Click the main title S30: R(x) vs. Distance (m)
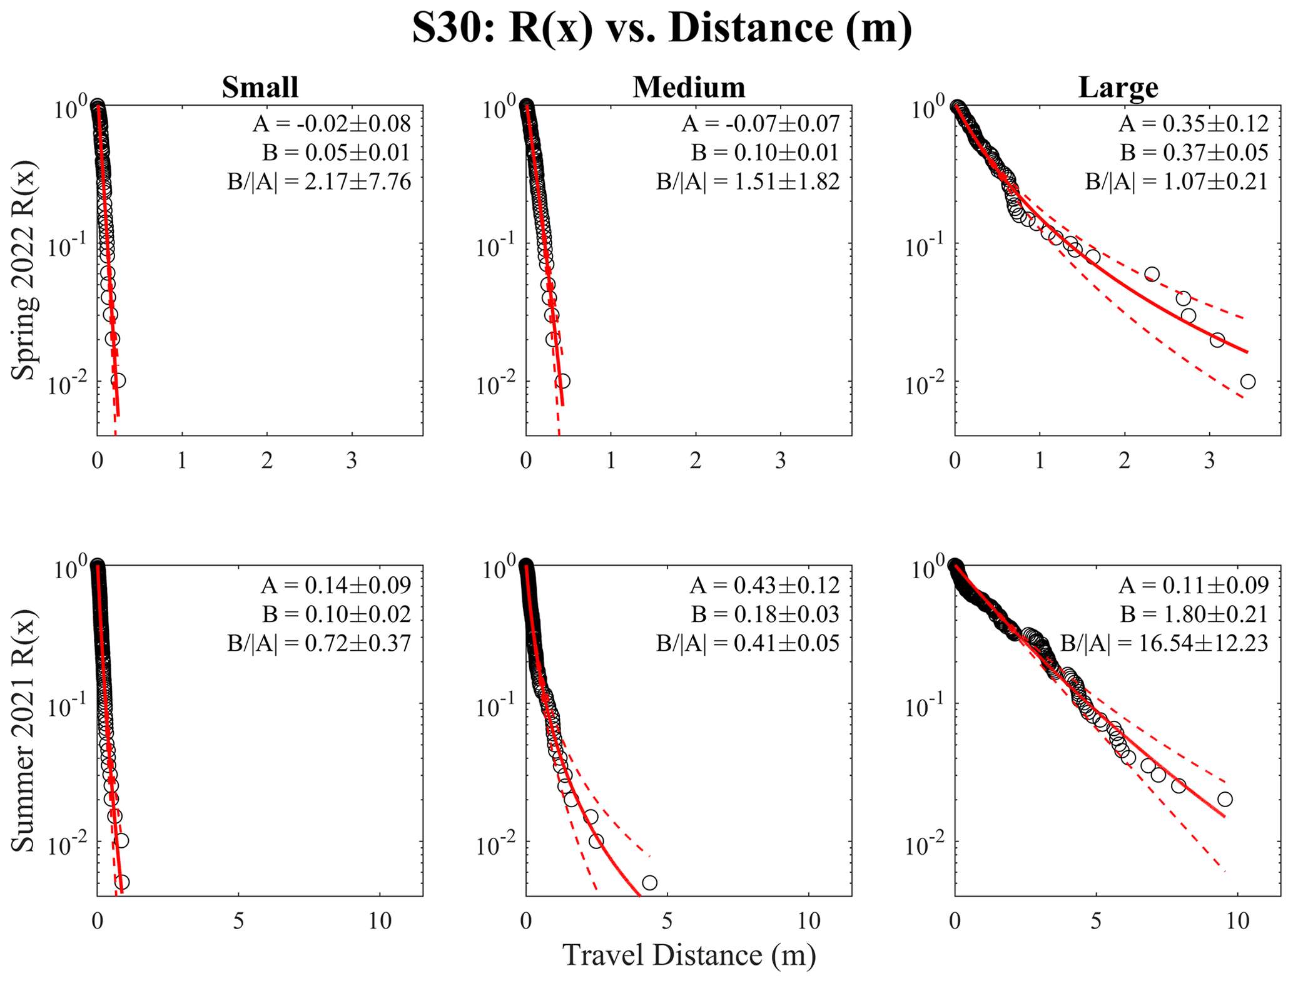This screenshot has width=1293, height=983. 662,28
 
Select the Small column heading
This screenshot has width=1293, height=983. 260,87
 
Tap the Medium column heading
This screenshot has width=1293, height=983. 689,87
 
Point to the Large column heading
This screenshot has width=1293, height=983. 1118,87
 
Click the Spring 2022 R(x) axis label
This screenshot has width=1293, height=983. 24,270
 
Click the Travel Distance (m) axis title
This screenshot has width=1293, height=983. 689,955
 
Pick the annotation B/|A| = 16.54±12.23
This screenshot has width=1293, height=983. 1164,643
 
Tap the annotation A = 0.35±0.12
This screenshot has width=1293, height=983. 1194,123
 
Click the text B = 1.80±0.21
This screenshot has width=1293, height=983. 1194,614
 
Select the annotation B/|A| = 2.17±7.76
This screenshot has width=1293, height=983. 319,182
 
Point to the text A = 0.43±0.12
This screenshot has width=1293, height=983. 764,586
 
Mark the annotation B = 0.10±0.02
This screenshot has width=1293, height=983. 336,614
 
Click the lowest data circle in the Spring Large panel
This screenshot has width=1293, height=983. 1247,382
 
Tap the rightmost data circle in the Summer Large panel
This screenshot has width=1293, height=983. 1225,799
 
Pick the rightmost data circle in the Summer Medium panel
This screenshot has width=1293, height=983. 649,883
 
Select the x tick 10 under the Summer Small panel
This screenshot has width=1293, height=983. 380,921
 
